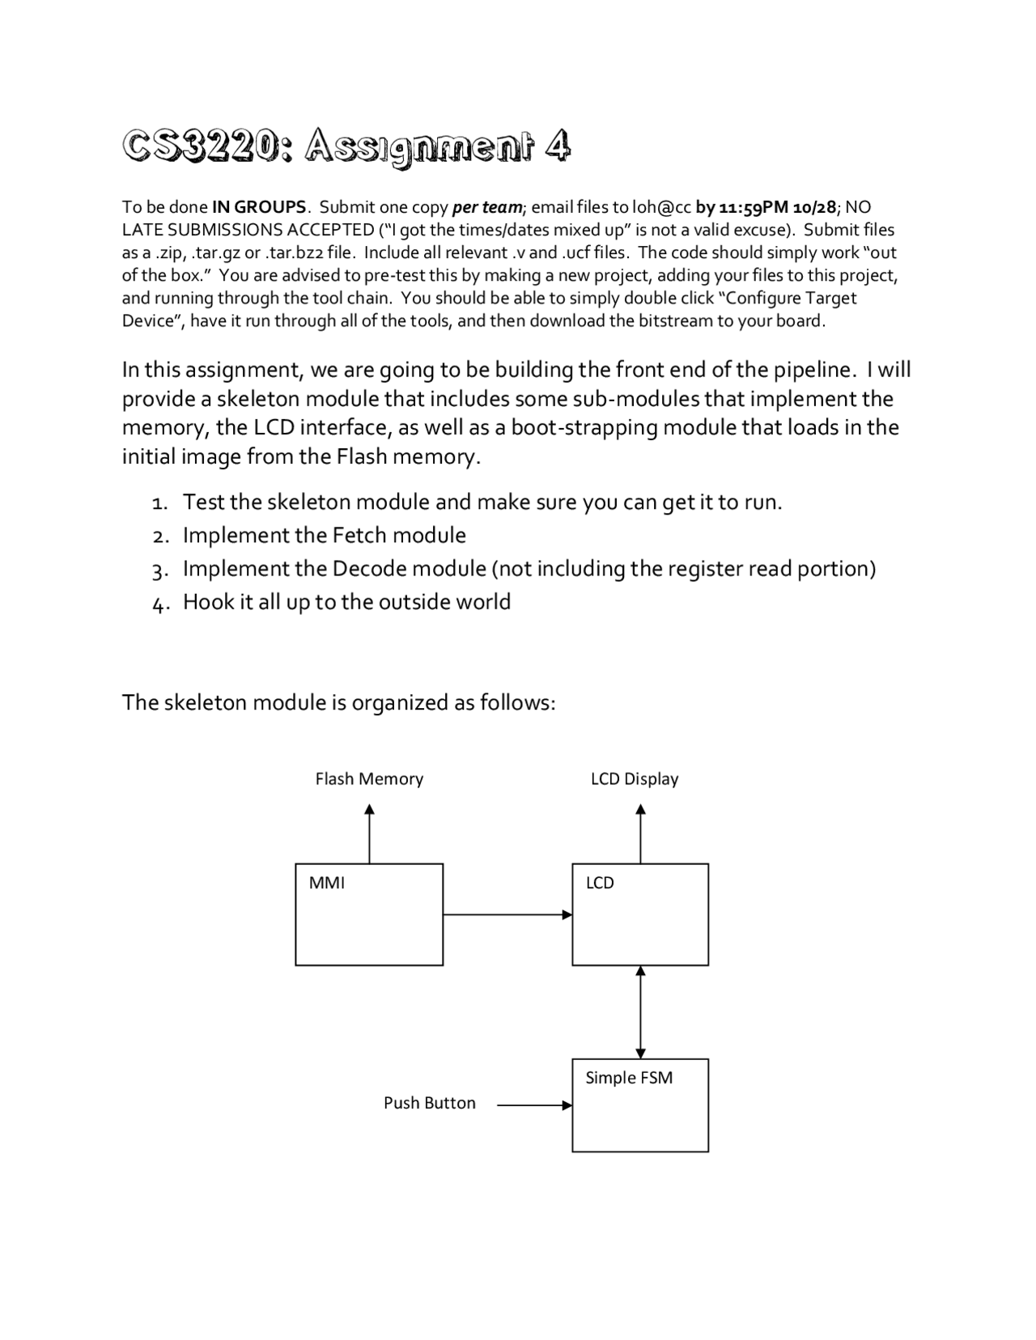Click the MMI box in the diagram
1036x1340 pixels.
tap(369, 914)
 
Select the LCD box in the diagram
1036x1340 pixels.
tap(640, 914)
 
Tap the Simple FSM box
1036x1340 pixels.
tap(640, 1105)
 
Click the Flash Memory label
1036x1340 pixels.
tap(369, 778)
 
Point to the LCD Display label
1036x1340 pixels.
tap(635, 778)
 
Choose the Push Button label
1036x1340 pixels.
tap(429, 1103)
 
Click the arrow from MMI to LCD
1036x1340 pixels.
tap(507, 914)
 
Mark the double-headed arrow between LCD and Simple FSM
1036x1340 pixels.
tap(640, 1011)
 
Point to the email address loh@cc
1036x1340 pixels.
tap(662, 207)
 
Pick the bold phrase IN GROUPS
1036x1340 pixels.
tap(259, 207)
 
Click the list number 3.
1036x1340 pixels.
tap(159, 570)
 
